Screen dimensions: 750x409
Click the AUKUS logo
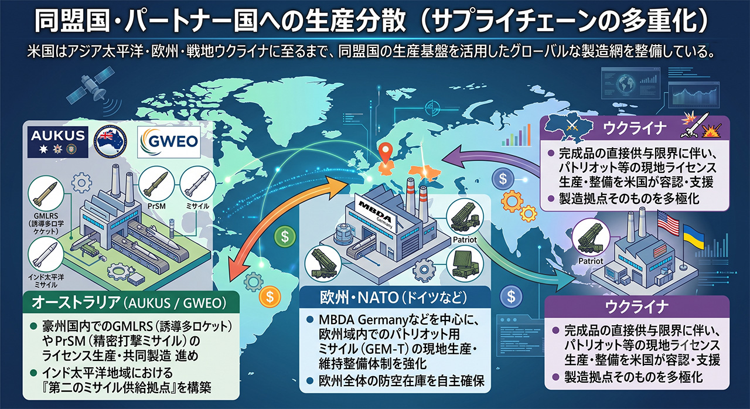coord(58,142)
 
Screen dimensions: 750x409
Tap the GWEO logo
coord(169,142)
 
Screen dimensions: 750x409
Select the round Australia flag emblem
coord(110,142)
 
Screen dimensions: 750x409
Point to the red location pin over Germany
coord(386,152)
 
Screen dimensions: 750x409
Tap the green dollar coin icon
coord(285,237)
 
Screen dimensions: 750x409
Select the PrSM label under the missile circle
coord(156,206)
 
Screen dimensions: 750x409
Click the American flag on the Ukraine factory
coord(669,222)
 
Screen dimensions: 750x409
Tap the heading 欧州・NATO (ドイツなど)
coord(393,298)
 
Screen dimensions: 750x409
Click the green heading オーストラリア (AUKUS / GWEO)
coord(129,302)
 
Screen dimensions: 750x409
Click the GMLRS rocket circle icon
coord(46,193)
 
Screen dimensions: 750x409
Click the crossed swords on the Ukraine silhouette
coord(571,126)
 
